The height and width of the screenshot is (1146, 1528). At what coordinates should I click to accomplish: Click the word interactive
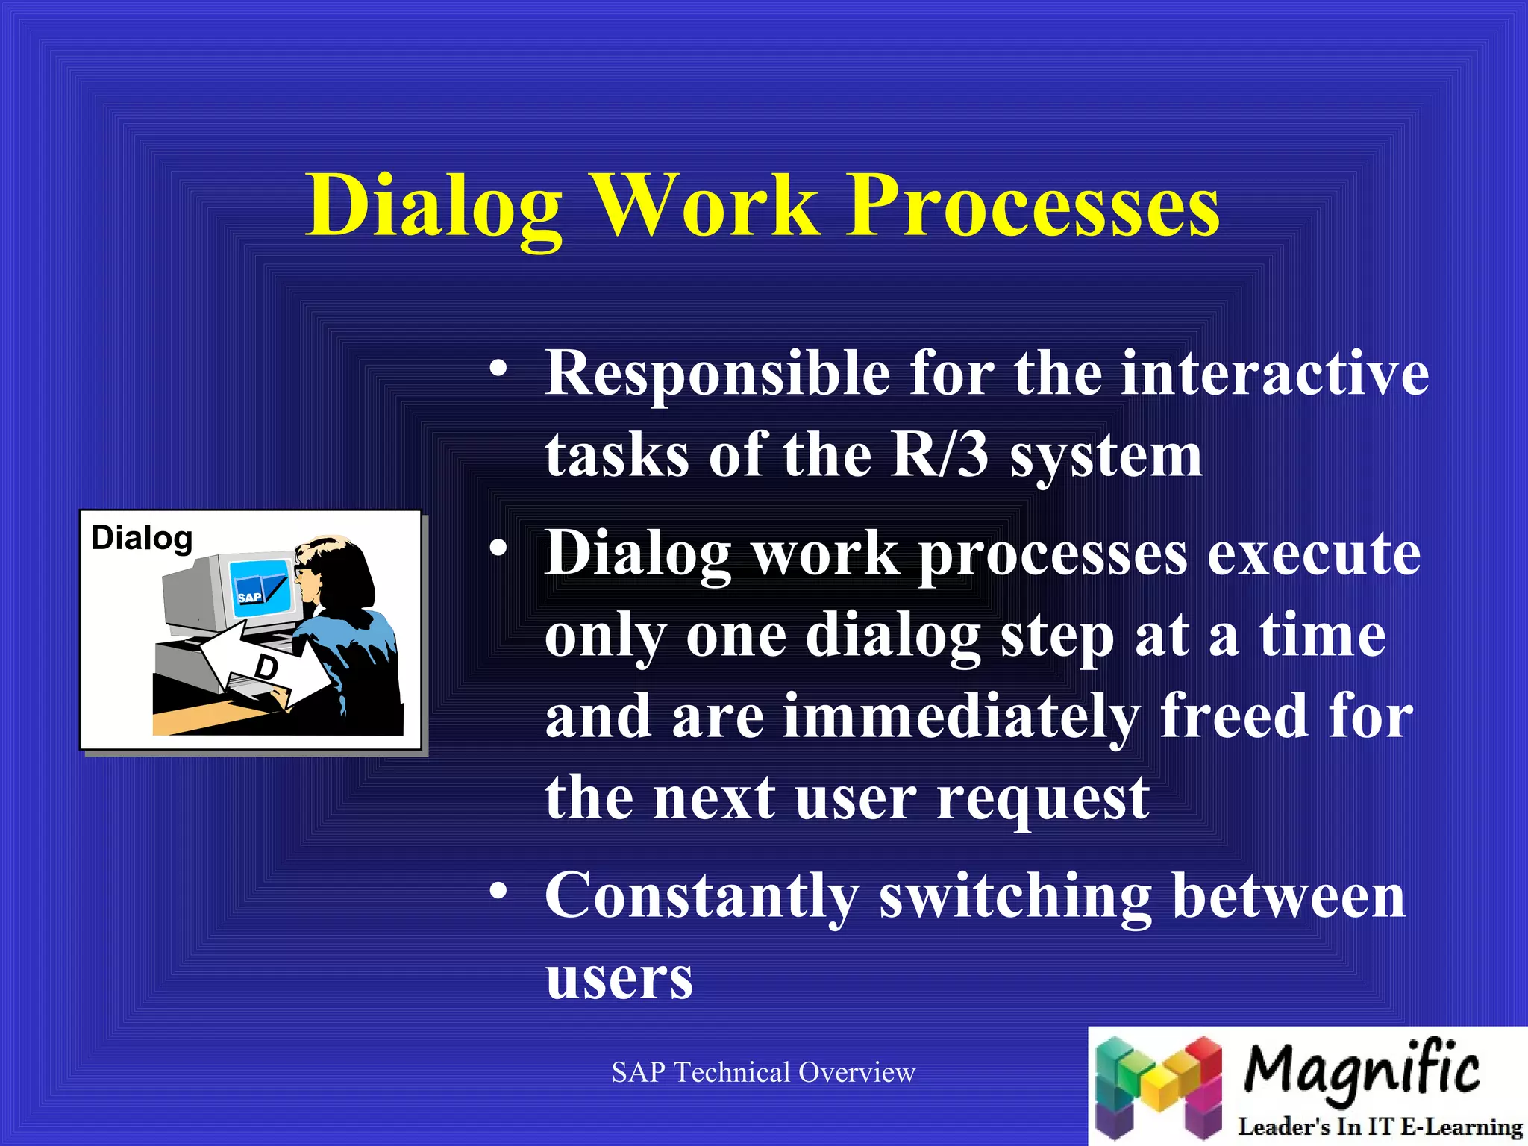tap(1275, 372)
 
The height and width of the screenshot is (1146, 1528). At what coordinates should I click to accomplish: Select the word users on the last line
tap(619, 979)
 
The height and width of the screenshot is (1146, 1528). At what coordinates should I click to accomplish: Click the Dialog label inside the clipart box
tap(142, 538)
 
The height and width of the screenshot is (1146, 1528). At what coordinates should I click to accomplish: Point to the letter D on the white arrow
tap(266, 666)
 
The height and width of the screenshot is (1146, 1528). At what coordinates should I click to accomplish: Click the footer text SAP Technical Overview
tap(763, 1072)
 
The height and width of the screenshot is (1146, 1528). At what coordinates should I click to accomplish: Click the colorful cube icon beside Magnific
tap(1159, 1086)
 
